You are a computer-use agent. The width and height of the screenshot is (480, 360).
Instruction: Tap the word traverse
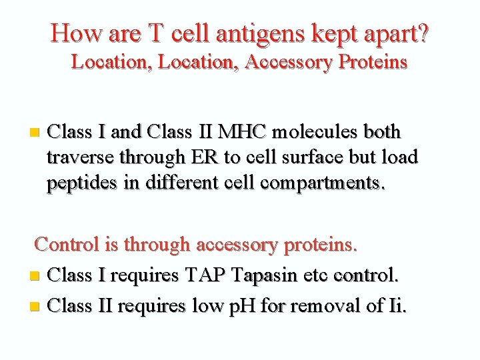pos(80,157)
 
